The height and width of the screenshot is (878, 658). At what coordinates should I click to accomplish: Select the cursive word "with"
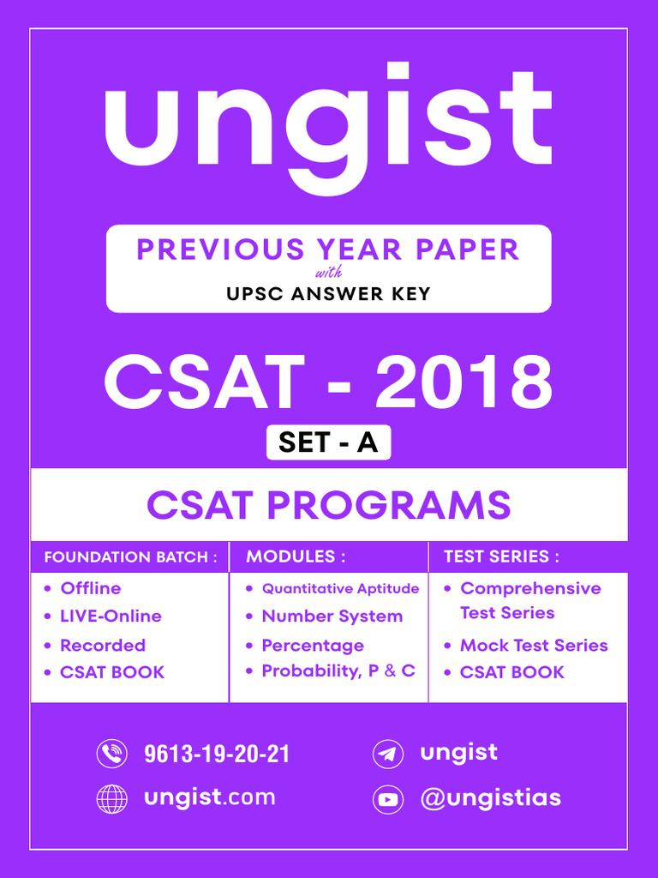pyautogui.click(x=328, y=274)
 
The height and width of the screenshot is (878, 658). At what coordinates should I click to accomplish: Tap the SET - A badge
pyautogui.click(x=328, y=442)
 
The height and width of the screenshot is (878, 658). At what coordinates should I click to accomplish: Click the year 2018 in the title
pyautogui.click(x=464, y=383)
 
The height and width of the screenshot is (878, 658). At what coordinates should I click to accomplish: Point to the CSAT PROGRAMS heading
pyautogui.click(x=328, y=506)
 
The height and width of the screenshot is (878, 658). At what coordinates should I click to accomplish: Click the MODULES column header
pyautogui.click(x=296, y=556)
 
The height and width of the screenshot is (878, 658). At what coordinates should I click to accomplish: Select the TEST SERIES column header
pyautogui.click(x=501, y=556)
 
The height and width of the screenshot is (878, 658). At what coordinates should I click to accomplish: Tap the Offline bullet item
pyautogui.click(x=90, y=588)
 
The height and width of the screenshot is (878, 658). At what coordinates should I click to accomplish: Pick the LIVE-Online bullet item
pyautogui.click(x=111, y=616)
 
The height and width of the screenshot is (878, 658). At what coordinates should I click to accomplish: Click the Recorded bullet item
pyautogui.click(x=102, y=645)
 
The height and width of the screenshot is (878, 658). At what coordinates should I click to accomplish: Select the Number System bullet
pyautogui.click(x=332, y=616)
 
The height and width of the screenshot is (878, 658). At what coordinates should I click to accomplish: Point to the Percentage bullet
pyautogui.click(x=313, y=645)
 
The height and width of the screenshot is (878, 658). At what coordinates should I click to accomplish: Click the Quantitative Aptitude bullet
pyautogui.click(x=340, y=588)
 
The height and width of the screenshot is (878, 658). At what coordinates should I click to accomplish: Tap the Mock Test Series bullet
pyautogui.click(x=534, y=645)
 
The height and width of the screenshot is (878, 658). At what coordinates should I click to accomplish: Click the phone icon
pyautogui.click(x=111, y=754)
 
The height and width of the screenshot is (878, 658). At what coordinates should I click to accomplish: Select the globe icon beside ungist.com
pyautogui.click(x=111, y=798)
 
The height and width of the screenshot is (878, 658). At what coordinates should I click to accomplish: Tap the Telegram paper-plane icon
pyautogui.click(x=388, y=755)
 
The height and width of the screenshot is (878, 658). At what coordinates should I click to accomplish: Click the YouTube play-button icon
pyautogui.click(x=388, y=799)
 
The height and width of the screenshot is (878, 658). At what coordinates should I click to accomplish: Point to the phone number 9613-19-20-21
pyautogui.click(x=217, y=755)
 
